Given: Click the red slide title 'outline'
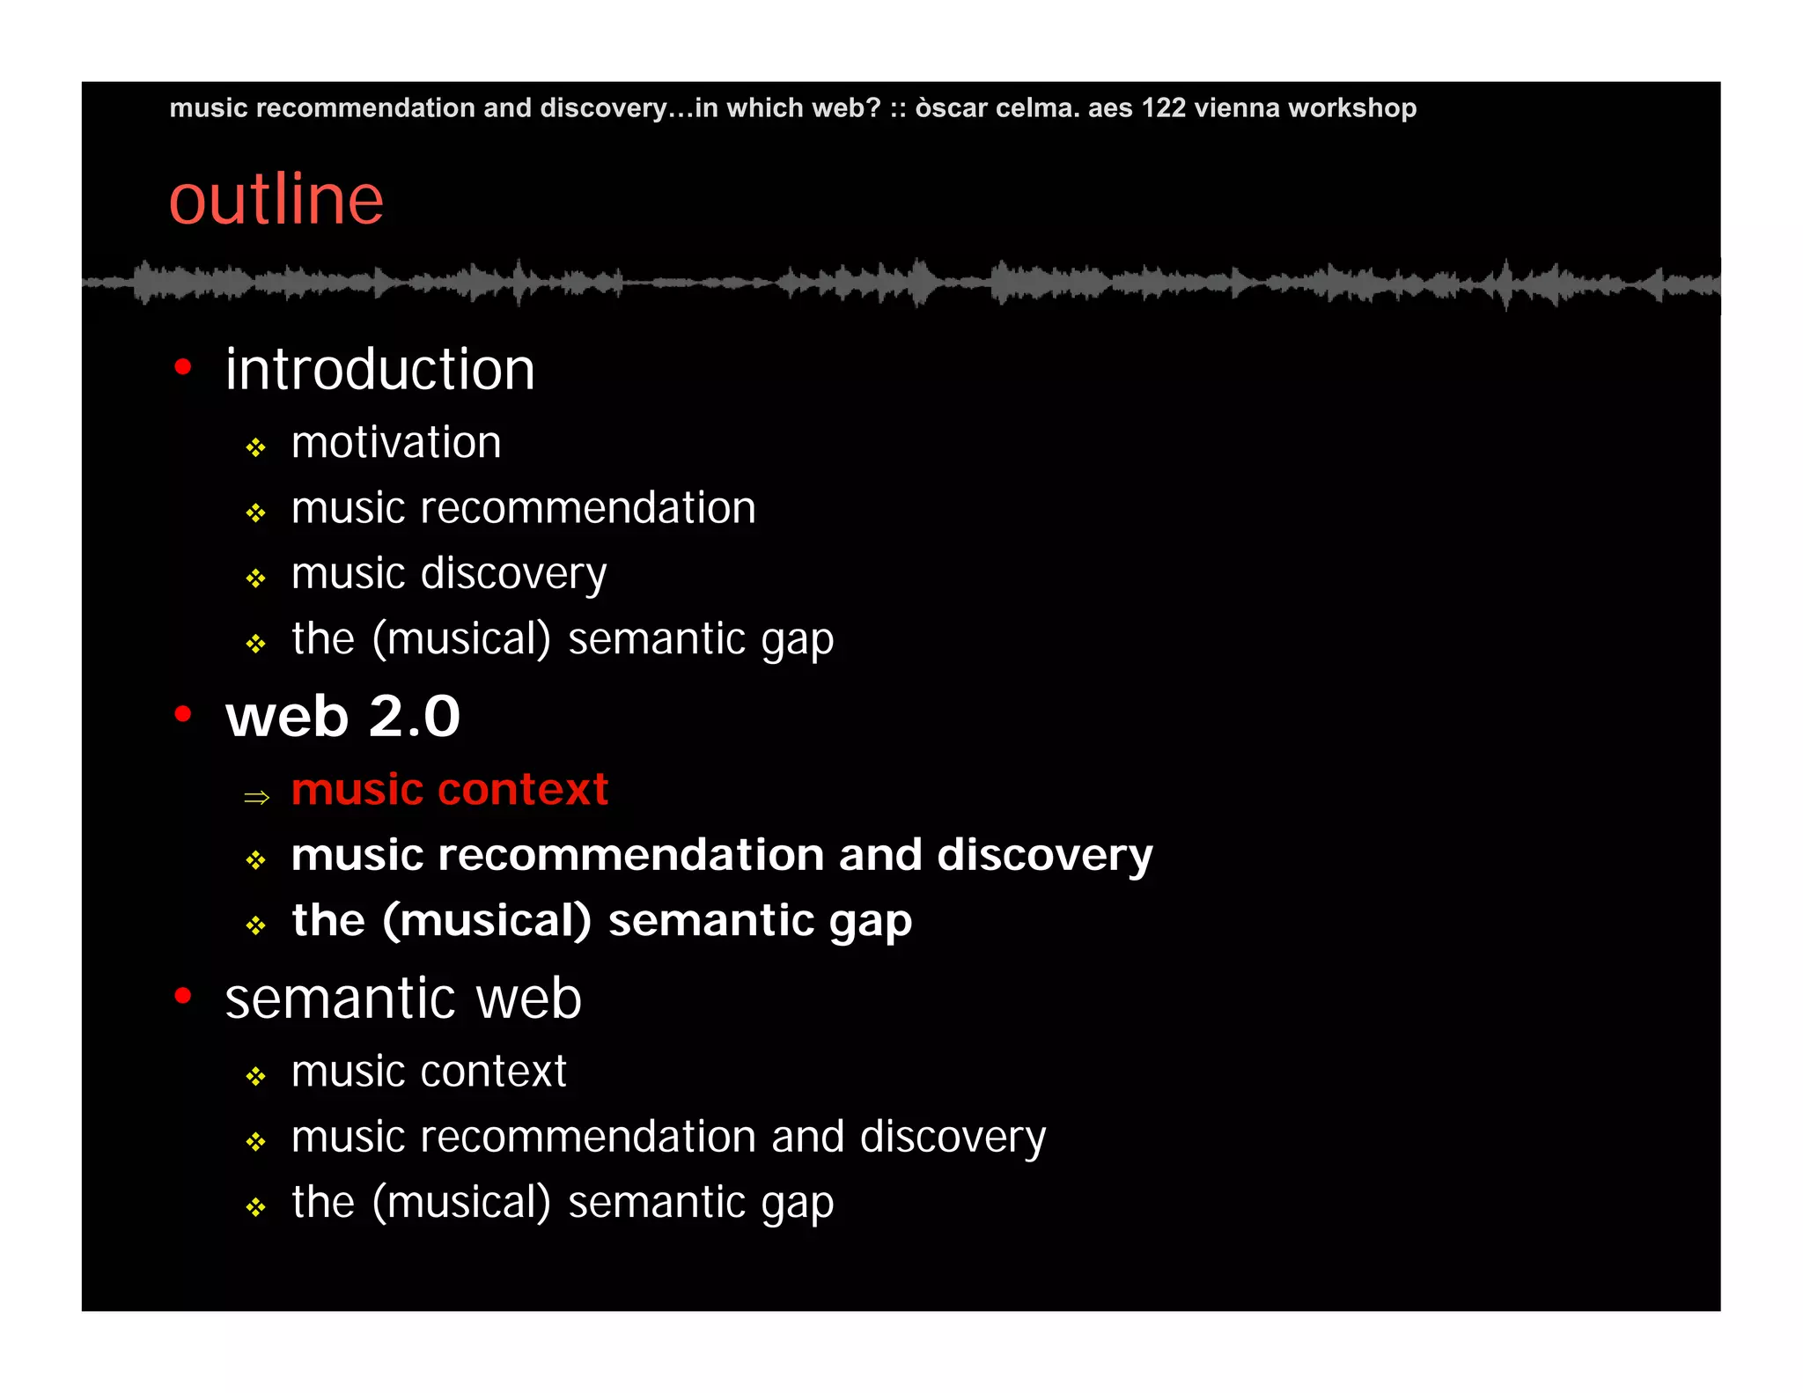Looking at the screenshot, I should tap(276, 200).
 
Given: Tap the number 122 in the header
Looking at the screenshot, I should tap(1163, 107).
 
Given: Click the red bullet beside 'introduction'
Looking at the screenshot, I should tap(183, 367).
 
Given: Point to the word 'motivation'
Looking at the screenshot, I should tap(396, 442).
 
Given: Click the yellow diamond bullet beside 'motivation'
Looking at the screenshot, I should tap(256, 448).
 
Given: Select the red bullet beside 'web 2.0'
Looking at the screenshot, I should tap(183, 714).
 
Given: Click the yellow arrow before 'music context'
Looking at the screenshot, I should tap(256, 798).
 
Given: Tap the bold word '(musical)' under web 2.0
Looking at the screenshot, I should tap(487, 921).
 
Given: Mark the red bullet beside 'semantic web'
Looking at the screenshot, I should tap(183, 996).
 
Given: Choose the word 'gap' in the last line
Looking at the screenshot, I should tap(798, 1205).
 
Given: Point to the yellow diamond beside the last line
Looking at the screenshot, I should tap(256, 1207).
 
